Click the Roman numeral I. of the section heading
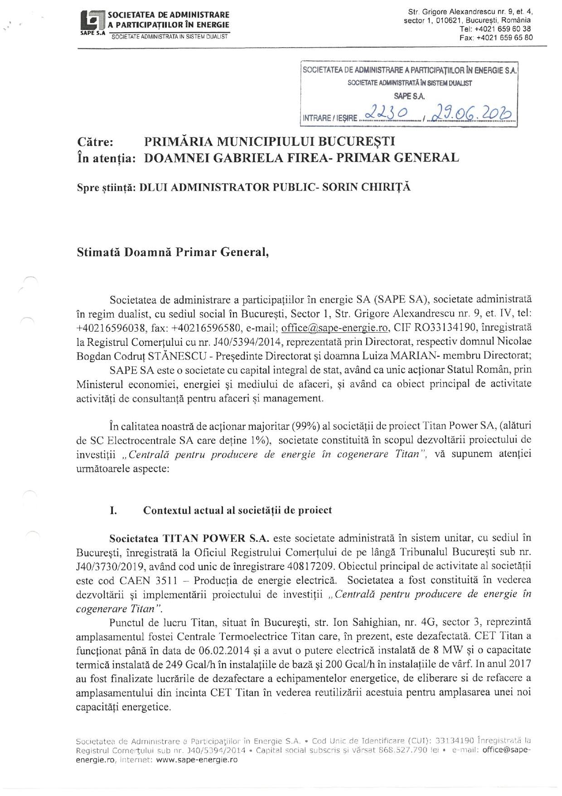113,510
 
